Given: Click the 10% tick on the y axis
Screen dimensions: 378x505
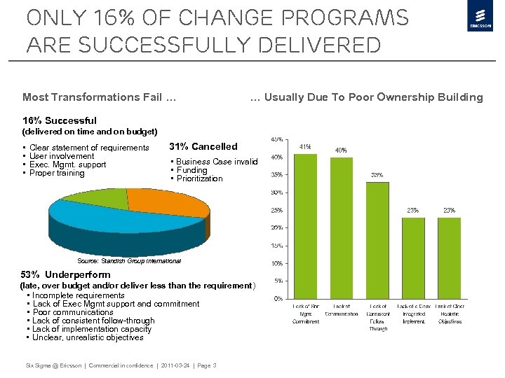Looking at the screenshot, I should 278,263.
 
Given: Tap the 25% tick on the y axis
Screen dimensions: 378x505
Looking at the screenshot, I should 278,210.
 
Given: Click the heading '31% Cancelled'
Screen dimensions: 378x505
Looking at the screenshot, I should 203,146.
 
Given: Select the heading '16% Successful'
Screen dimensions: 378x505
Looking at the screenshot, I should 60,120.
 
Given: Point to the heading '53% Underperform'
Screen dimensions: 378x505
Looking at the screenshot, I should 67,274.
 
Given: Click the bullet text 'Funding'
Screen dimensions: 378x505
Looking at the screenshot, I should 191,170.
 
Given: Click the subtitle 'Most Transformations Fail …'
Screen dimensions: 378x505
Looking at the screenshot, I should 99,97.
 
